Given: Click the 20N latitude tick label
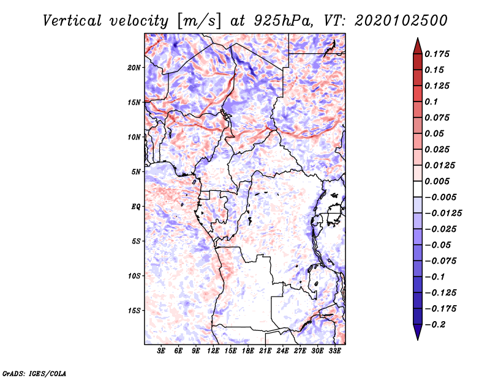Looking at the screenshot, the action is pyautogui.click(x=134, y=67).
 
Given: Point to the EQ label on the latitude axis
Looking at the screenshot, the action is pyautogui.click(x=136, y=207).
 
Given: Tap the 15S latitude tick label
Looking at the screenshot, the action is pyautogui.click(x=134, y=311).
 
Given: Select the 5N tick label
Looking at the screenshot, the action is pyautogui.click(x=136, y=172).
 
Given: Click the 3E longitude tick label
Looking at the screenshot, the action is pyautogui.click(x=161, y=350).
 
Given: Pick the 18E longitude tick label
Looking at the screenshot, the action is pyautogui.click(x=248, y=350).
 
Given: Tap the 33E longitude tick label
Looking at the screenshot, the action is pyautogui.click(x=334, y=350).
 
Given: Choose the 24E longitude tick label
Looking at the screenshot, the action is pyautogui.click(x=282, y=350).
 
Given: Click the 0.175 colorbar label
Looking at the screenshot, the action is pyautogui.click(x=437, y=54).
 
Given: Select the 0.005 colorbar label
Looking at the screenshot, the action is pyautogui.click(x=437, y=181).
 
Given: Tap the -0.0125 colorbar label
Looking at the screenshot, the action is pyautogui.click(x=443, y=213).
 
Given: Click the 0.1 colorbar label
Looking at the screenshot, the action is pyautogui.click(x=431, y=102).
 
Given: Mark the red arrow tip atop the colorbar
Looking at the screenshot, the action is pyautogui.click(x=418, y=38).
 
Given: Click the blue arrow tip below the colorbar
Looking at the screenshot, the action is pyautogui.click(x=418, y=339).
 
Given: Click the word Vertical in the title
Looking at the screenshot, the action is pyautogui.click(x=72, y=21).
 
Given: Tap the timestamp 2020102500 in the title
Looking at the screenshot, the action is pyautogui.click(x=401, y=21).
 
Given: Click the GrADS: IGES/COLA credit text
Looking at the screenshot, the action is pyautogui.click(x=34, y=374).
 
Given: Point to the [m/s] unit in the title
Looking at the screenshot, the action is pyautogui.click(x=198, y=21).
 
